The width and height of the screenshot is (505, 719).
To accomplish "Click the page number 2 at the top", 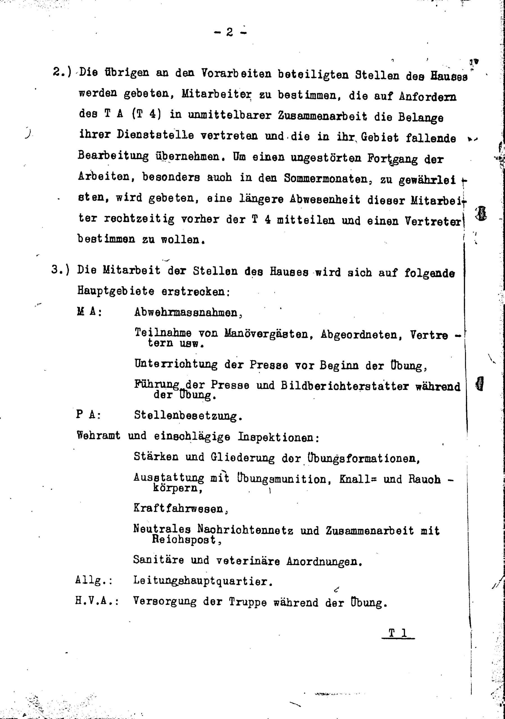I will [229, 32].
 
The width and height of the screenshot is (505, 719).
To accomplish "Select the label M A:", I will [89, 312].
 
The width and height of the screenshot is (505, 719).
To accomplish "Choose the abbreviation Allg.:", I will [94, 580].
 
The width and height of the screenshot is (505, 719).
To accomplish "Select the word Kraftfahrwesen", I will [179, 508].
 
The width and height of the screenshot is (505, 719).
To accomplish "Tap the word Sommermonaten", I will [326, 179].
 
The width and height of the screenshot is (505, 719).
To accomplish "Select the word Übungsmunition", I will [281, 479].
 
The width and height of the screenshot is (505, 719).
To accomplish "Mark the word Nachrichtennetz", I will [245, 530].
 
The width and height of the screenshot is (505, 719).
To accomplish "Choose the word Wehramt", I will [98, 436].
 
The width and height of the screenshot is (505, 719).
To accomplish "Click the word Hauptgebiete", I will [115, 291].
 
